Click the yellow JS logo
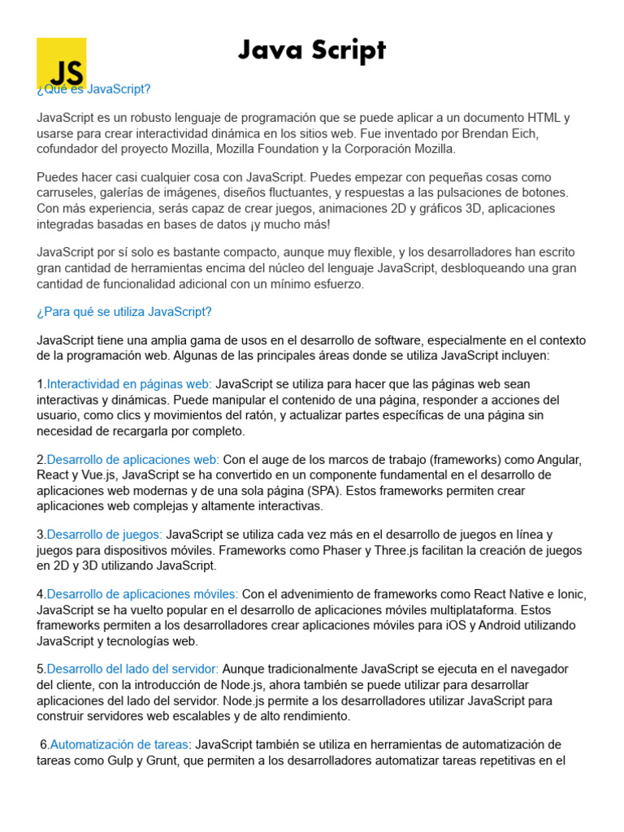(x=61, y=61)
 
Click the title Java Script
(x=312, y=50)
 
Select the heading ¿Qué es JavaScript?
(x=94, y=89)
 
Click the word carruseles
(x=68, y=193)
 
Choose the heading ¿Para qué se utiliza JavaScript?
(x=124, y=312)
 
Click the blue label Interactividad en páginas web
(x=129, y=383)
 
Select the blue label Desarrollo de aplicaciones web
(x=132, y=459)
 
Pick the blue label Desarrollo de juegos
(x=104, y=535)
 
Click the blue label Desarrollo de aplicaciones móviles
(x=142, y=595)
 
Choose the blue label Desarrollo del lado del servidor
(x=132, y=669)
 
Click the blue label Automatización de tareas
(x=119, y=745)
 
